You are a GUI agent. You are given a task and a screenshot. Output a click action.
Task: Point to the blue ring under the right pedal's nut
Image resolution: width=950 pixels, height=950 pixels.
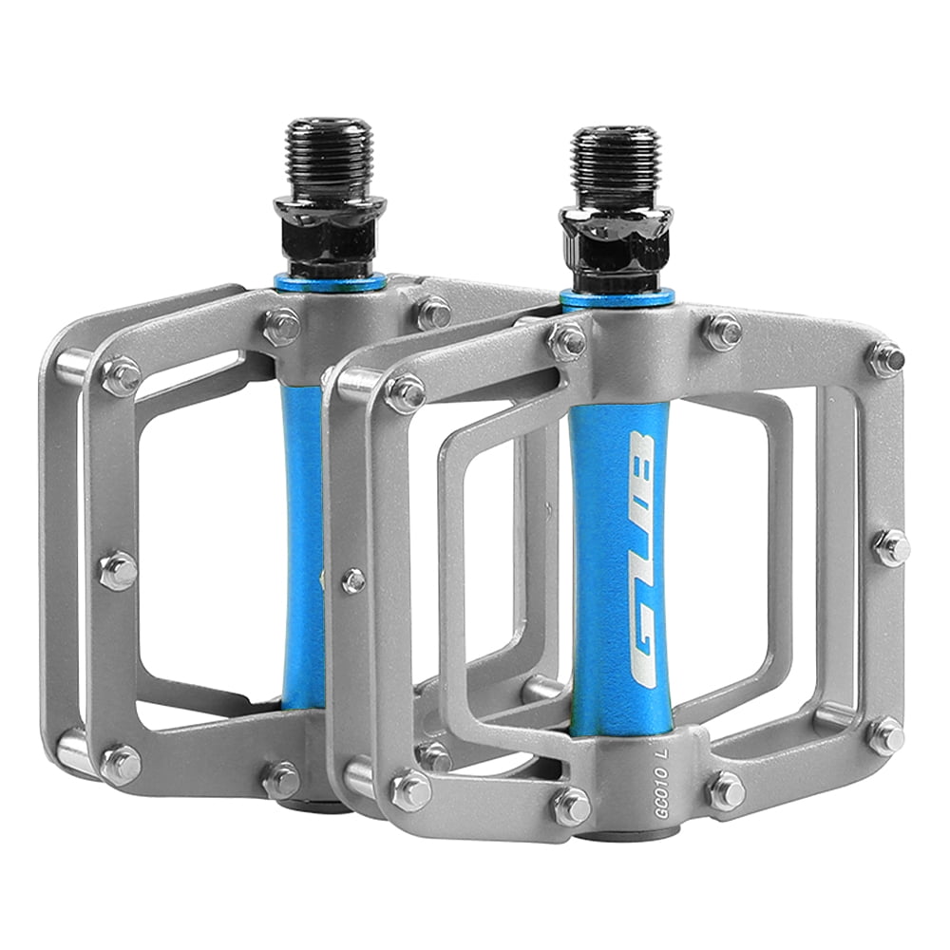617,297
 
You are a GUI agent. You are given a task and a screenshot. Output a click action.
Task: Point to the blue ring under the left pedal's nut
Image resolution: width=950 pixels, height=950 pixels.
330,281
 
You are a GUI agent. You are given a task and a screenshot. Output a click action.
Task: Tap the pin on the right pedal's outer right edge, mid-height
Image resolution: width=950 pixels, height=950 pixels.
891,547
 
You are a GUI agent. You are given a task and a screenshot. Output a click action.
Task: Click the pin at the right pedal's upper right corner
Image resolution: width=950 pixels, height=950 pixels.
885,358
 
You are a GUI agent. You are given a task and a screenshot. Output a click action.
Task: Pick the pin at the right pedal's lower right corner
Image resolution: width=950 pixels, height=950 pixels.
885,735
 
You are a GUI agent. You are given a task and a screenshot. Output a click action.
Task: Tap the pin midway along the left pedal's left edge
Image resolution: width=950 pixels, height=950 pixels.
118,570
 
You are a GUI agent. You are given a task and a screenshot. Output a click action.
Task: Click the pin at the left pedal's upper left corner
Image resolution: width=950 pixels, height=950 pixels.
121,376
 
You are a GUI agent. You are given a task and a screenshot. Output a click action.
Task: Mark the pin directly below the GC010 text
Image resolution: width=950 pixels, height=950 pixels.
571,806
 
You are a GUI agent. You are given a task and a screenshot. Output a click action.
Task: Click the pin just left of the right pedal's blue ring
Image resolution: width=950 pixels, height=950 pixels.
567,340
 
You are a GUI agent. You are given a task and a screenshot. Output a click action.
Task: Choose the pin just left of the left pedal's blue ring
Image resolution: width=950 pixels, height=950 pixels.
281,325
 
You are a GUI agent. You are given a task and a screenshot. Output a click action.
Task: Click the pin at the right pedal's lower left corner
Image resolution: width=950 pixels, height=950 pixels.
410,790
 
